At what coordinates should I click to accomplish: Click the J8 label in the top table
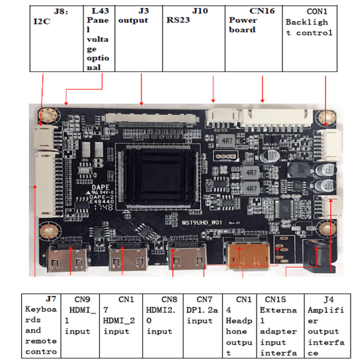click(60, 11)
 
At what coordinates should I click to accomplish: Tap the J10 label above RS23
click(200, 11)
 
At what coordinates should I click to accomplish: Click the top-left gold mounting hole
click(48, 115)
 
